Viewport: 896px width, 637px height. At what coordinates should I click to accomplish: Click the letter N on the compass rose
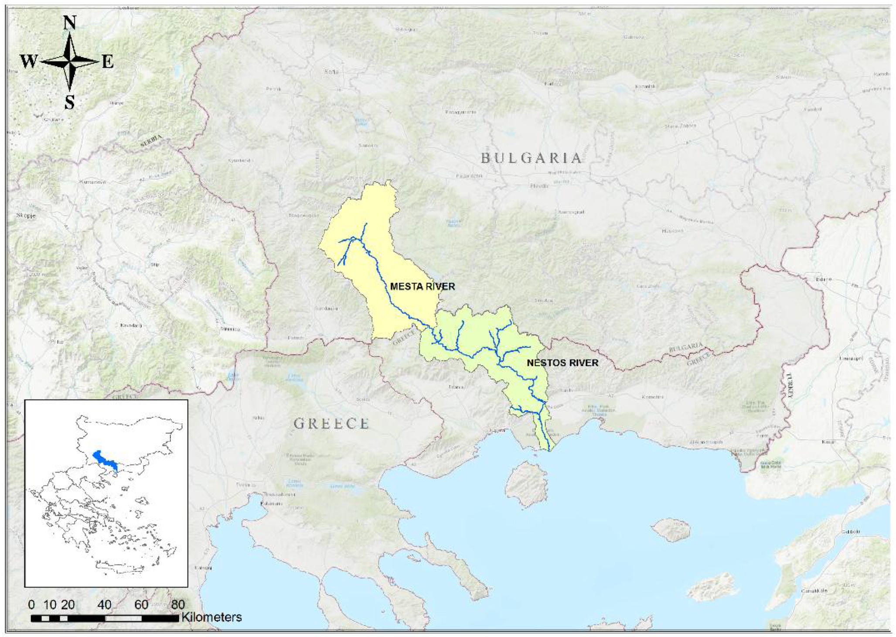tap(70, 22)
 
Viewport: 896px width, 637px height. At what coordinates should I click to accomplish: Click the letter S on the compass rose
tap(70, 103)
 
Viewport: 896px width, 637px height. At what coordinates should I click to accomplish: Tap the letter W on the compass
tap(29, 62)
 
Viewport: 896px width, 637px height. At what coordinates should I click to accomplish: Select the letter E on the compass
tap(108, 62)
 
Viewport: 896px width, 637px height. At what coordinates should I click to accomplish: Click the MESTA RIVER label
tap(422, 287)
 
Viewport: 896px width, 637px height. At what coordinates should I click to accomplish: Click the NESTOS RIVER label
tap(562, 363)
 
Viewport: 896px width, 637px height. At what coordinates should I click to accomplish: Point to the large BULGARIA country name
tap(531, 158)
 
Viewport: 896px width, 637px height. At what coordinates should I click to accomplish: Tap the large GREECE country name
tap(331, 423)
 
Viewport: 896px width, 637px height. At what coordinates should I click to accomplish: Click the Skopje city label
tap(26, 216)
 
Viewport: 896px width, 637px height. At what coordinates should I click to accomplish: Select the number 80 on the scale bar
tap(178, 605)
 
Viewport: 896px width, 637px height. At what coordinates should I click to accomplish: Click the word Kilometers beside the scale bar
tap(211, 617)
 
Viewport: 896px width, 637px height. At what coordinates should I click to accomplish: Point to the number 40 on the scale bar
tap(105, 605)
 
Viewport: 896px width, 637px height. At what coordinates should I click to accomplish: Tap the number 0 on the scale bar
tap(31, 605)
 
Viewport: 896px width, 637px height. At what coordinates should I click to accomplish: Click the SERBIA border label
tap(151, 141)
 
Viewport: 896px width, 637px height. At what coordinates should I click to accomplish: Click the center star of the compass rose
tap(70, 62)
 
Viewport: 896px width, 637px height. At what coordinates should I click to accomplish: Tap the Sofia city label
tap(331, 72)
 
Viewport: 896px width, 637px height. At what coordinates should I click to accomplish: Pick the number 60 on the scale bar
tap(141, 605)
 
